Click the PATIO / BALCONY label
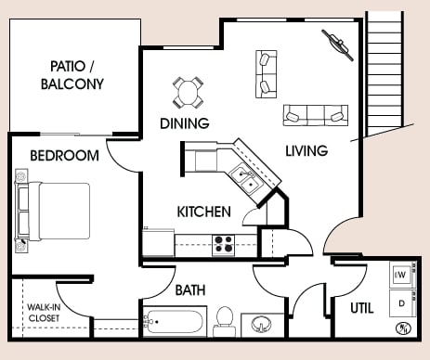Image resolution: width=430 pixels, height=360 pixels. coord(72,75)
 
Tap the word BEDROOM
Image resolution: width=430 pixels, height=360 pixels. coord(65,155)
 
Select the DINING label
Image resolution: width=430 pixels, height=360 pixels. coord(185,123)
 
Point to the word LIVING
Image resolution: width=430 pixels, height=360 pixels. coord(306,150)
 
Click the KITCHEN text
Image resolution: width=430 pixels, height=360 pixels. coord(204,212)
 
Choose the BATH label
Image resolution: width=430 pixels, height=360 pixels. coord(190,290)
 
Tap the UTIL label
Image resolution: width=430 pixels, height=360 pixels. coord(362,308)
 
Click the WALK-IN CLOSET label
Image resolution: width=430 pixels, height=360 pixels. coord(44,313)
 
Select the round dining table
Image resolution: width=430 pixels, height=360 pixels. coord(188,93)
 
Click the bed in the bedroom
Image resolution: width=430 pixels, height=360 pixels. coord(53,211)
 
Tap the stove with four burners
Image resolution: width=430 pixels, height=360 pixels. coord(224,245)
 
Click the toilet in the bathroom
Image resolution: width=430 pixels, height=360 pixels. coord(224,322)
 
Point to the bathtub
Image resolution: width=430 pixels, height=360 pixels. coord(175,322)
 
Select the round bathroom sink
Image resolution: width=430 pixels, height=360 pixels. coord(261,325)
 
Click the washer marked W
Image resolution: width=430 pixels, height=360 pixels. coord(401,275)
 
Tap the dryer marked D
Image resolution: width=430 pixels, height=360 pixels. coord(401,303)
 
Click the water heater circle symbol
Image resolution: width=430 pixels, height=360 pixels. coord(404,328)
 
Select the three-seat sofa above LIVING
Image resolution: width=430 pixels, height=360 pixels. coord(316,115)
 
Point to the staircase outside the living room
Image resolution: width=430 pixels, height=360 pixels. coord(384,73)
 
